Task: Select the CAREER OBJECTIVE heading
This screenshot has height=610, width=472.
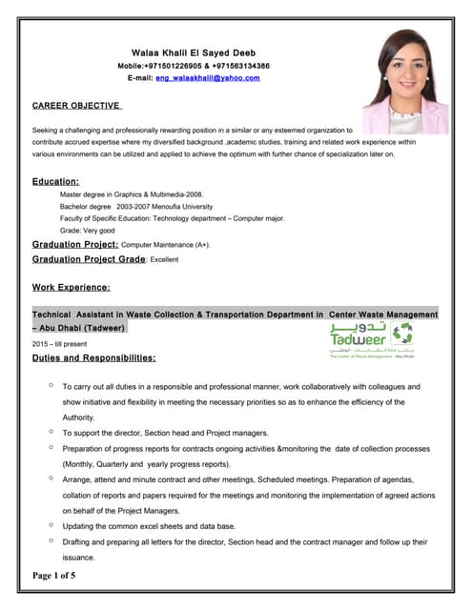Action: pos(75,105)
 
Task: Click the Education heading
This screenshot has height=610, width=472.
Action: pos(55,180)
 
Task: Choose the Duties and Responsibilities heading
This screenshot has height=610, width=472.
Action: pos(93,358)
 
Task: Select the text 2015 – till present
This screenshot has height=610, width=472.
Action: pos(59,343)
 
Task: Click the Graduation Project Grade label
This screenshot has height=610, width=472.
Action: pos(89,259)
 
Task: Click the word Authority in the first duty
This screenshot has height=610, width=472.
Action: pos(78,417)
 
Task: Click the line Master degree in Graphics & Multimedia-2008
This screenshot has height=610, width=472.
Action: pos(131,193)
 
